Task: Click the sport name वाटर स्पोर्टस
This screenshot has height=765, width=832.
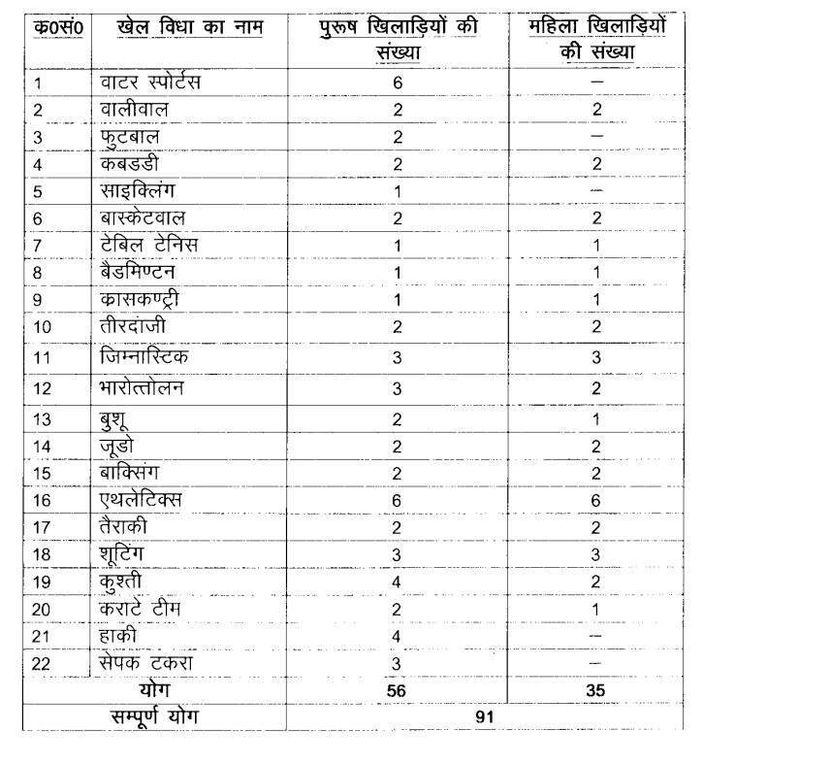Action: click(x=150, y=83)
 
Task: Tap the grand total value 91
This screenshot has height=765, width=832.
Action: click(x=485, y=716)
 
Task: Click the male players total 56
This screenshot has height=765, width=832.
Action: click(x=398, y=691)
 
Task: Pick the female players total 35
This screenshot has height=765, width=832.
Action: click(x=596, y=691)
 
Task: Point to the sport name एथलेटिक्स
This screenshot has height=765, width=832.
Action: click(x=141, y=500)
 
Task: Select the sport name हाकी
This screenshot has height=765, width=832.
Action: click(x=118, y=636)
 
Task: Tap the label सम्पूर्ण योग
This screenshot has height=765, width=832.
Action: click(x=154, y=716)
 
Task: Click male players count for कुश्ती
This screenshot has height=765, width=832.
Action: click(x=398, y=582)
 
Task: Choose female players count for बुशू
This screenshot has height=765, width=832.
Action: click(x=596, y=419)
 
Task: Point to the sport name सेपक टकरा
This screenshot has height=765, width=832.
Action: click(x=146, y=663)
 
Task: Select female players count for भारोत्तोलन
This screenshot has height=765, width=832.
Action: click(x=596, y=389)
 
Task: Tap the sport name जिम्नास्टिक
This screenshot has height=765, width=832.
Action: click(x=144, y=357)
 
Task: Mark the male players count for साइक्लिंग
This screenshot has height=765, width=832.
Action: click(x=398, y=191)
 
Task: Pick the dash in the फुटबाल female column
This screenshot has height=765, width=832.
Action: click(x=596, y=137)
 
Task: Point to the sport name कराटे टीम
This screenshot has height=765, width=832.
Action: click(x=140, y=609)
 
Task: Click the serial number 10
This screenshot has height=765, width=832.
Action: click(x=43, y=327)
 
